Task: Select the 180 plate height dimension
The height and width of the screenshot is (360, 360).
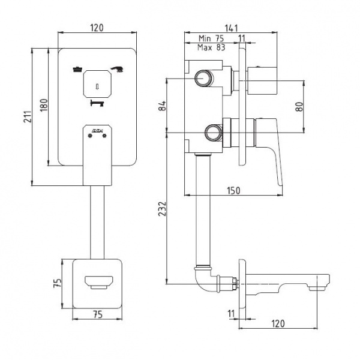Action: pos(43,106)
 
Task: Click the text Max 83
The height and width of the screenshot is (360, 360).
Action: pos(212,49)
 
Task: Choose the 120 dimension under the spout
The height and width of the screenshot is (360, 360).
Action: pos(277,324)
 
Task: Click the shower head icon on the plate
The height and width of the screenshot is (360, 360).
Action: pos(116,68)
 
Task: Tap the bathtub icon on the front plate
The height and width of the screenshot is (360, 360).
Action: pos(77,69)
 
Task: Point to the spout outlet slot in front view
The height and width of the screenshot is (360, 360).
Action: pos(97,281)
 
